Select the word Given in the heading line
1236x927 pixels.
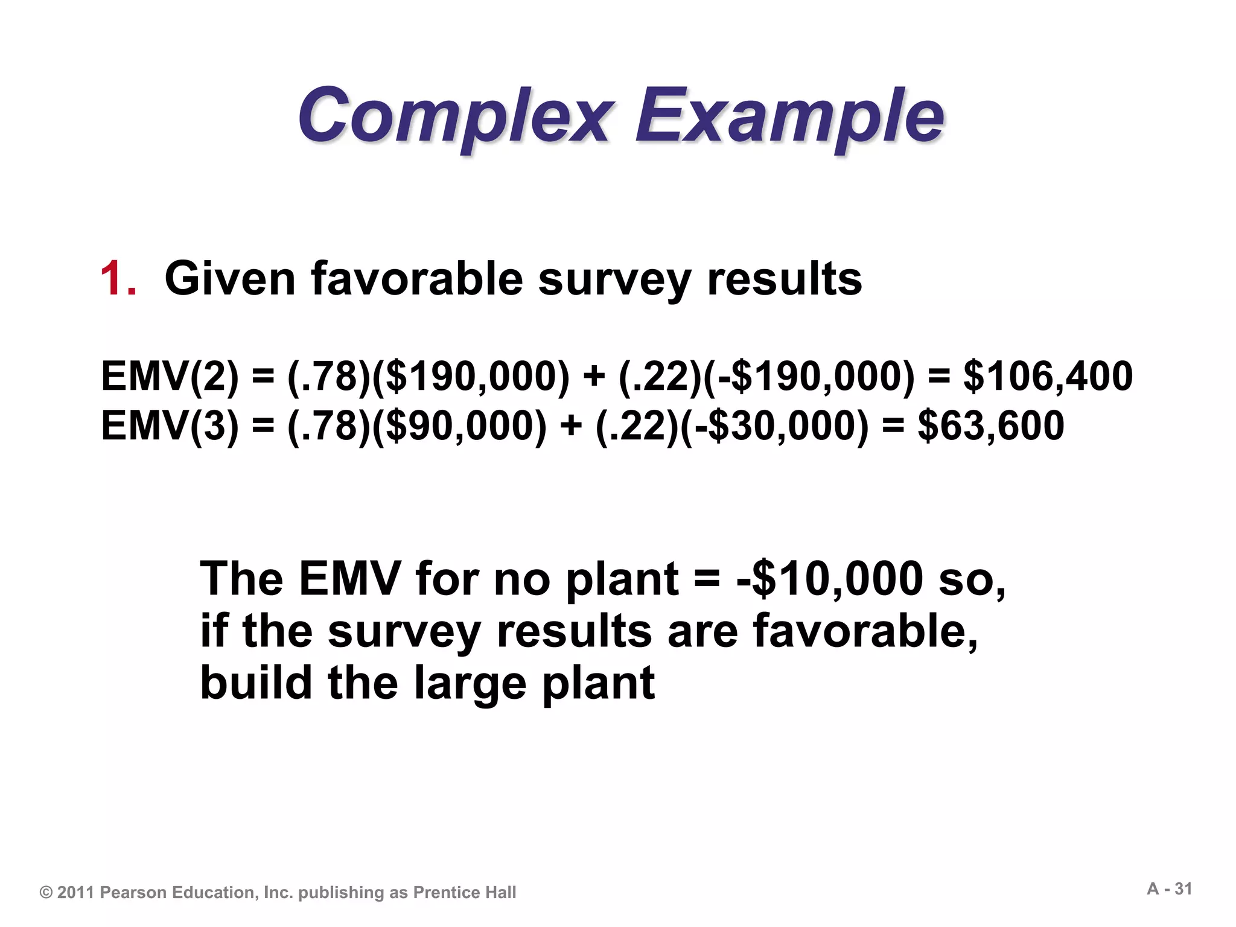pyautogui.click(x=230, y=279)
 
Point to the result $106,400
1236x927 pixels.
pyautogui.click(x=1048, y=376)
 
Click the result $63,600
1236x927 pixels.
pyautogui.click(x=990, y=425)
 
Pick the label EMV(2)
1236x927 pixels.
pyautogui.click(x=170, y=376)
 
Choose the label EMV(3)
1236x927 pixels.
pyautogui.click(x=170, y=425)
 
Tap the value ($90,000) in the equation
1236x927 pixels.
pyautogui.click(x=459, y=425)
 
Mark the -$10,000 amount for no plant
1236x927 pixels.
pyautogui.click(x=830, y=579)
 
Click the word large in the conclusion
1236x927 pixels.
pyautogui.click(x=471, y=684)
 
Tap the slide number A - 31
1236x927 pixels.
pyautogui.click(x=1170, y=889)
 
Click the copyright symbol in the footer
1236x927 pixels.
pyautogui.click(x=46, y=893)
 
